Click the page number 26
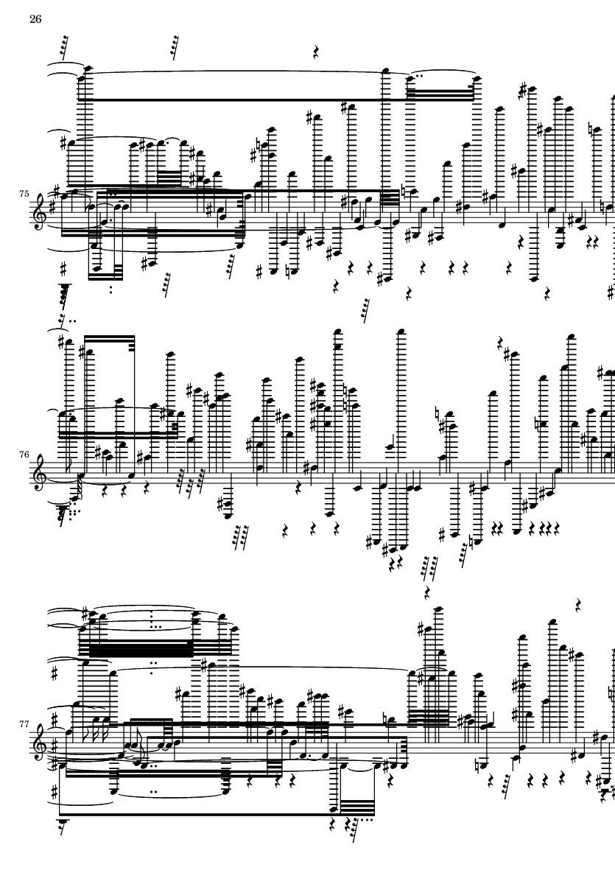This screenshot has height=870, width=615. pos(35,19)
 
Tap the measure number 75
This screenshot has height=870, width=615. pos(24,194)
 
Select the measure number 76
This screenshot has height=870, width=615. pos(24,455)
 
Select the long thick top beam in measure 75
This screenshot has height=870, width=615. pos(236,99)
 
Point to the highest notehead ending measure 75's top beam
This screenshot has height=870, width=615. pos(475,77)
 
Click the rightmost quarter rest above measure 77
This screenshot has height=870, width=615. pos(578,606)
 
